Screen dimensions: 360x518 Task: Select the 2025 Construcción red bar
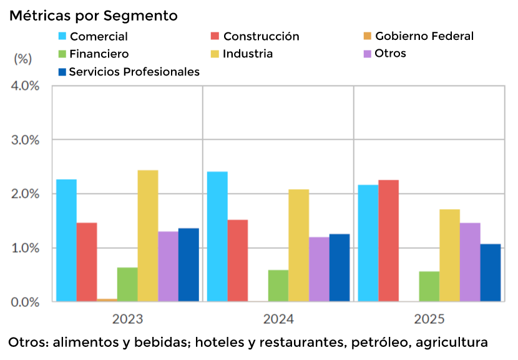click(x=389, y=241)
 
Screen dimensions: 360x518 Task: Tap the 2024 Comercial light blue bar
click(x=217, y=236)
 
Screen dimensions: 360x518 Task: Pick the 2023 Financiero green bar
click(x=127, y=285)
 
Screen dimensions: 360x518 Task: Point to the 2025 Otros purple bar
click(x=470, y=262)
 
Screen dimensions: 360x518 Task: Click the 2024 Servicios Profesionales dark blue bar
click(x=340, y=268)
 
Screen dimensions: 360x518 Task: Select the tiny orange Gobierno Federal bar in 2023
click(x=107, y=300)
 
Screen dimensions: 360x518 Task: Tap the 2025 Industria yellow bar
click(x=449, y=255)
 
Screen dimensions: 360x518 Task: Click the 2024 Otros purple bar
click(x=319, y=269)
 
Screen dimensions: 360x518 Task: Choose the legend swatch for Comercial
click(x=62, y=36)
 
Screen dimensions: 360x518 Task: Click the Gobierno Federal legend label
click(x=424, y=36)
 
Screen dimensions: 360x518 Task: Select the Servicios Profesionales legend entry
click(x=134, y=72)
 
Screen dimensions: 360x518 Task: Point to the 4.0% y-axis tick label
click(x=25, y=86)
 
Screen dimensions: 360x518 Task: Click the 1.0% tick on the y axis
click(x=25, y=248)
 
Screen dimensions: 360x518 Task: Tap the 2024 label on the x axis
click(x=278, y=319)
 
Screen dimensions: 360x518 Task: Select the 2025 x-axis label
click(x=429, y=319)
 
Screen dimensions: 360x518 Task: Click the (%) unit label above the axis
click(x=22, y=59)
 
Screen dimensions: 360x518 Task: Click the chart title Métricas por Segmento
click(x=93, y=15)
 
